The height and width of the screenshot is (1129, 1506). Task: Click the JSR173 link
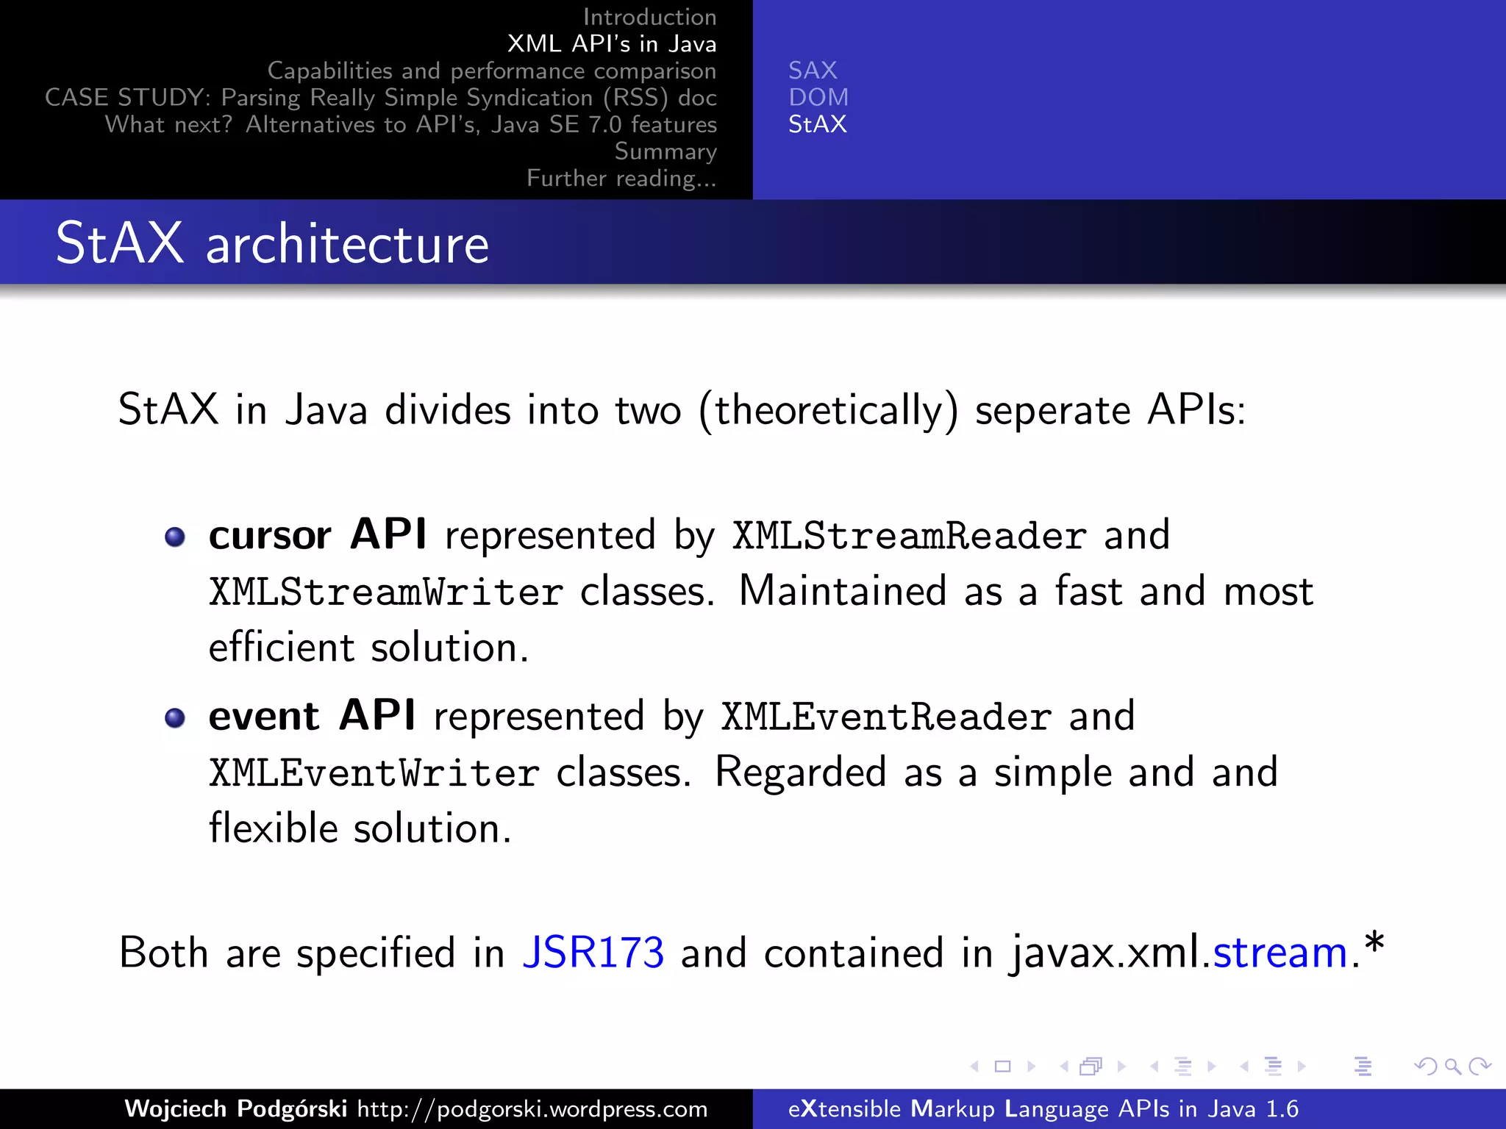(593, 953)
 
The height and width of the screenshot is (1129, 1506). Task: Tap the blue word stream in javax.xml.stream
(1280, 953)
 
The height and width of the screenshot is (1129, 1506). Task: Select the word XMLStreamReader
(909, 536)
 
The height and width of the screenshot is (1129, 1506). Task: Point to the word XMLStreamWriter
(385, 592)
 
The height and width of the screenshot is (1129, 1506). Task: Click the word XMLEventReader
(885, 717)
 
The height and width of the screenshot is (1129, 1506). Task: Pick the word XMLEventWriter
(374, 773)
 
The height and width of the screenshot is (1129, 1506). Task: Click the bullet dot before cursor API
(175, 537)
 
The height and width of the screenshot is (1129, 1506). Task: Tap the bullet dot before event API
(175, 717)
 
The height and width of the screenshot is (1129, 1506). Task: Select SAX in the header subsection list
(813, 71)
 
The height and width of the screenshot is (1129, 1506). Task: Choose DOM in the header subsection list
(818, 97)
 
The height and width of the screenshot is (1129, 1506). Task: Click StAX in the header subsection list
(817, 124)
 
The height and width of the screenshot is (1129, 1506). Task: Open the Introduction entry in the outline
(649, 17)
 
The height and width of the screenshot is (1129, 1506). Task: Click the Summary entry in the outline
(665, 151)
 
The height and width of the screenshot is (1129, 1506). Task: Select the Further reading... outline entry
(621, 178)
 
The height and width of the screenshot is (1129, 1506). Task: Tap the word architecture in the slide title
(347, 245)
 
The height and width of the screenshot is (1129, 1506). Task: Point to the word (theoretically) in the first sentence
(829, 410)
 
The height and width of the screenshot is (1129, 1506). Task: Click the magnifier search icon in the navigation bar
(1452, 1066)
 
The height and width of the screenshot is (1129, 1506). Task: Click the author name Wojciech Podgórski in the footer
(235, 1108)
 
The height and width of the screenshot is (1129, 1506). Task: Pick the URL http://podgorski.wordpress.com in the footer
(532, 1108)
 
